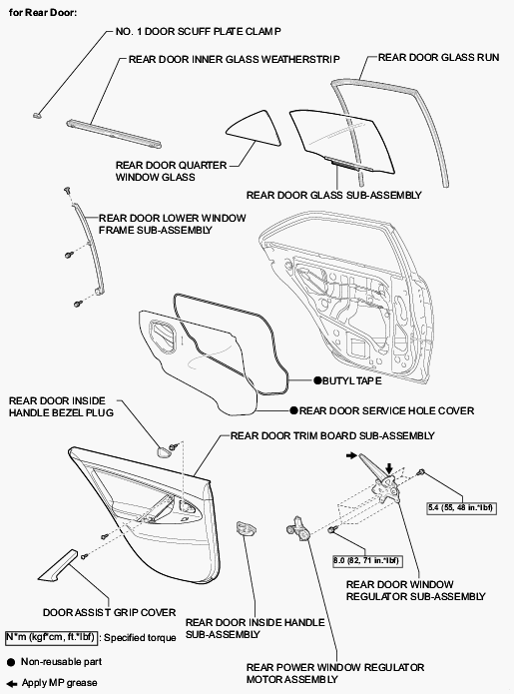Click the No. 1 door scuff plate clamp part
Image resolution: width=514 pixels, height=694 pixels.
(x=37, y=116)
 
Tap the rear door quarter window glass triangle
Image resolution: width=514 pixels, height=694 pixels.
(x=256, y=130)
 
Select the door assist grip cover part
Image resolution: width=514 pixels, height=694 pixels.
(x=58, y=566)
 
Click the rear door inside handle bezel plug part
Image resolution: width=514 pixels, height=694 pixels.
(x=164, y=452)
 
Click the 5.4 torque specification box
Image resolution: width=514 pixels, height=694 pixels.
(x=460, y=507)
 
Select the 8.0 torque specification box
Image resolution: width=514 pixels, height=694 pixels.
(x=366, y=561)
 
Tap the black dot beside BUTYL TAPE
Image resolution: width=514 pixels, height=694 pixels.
(x=317, y=380)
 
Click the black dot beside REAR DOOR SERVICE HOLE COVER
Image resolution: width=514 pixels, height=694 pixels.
(x=293, y=410)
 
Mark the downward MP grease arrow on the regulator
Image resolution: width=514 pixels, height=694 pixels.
(x=389, y=468)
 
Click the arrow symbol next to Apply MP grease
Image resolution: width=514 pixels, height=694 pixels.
(x=12, y=683)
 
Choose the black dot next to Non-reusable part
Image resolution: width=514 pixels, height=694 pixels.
(x=11, y=663)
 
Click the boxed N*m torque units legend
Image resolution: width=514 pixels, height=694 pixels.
(x=51, y=637)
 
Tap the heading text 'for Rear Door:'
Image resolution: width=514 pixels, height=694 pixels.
(x=43, y=13)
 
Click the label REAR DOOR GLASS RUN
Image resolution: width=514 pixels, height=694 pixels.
(x=438, y=57)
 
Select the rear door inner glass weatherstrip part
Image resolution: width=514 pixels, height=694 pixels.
(x=114, y=133)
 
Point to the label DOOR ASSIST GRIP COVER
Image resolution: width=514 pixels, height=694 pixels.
(x=109, y=612)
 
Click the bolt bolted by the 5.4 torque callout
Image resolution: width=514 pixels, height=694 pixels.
(x=421, y=471)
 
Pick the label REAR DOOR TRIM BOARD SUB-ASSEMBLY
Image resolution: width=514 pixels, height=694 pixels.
(x=332, y=436)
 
